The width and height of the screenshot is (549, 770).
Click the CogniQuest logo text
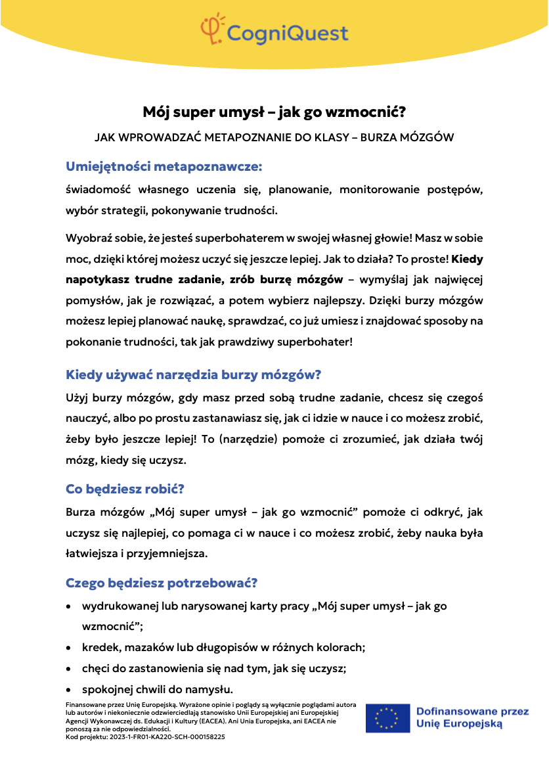point(287,32)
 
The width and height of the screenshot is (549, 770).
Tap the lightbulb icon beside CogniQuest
point(212,29)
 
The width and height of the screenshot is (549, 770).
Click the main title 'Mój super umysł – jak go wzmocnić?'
point(274,112)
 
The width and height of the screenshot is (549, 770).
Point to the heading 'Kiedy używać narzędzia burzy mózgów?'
point(193,375)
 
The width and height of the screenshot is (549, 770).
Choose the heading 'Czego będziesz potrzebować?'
point(162,583)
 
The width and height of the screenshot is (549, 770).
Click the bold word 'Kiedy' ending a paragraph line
point(468,258)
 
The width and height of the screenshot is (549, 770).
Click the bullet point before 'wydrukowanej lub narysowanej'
point(69,606)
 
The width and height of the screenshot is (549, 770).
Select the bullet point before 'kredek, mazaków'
point(69,648)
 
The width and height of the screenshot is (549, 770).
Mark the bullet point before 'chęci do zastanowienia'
point(69,669)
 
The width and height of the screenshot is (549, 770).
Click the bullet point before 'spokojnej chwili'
point(69,690)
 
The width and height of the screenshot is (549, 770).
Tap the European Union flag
point(387,718)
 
